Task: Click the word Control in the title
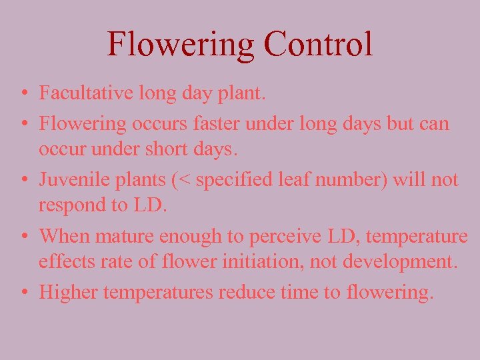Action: click(317, 44)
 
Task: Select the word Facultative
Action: click(78, 93)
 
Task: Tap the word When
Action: click(65, 235)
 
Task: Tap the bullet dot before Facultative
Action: click(23, 94)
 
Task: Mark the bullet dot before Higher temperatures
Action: click(23, 293)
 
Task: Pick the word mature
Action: click(127, 237)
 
